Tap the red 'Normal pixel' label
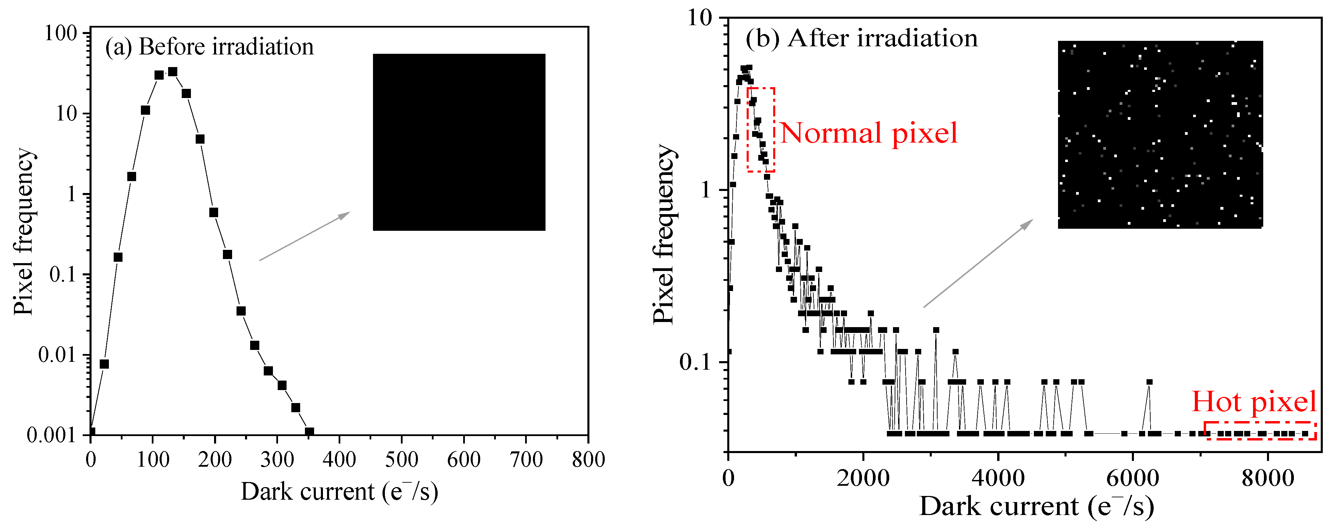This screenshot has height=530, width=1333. (x=868, y=133)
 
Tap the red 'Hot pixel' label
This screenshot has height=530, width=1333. (x=1254, y=402)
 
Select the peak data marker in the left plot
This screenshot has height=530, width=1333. (x=173, y=71)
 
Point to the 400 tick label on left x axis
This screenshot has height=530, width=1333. (x=339, y=459)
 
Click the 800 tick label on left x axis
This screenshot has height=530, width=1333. (x=588, y=459)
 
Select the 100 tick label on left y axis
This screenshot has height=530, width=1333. (x=61, y=34)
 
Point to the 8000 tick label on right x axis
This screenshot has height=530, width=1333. (x=1267, y=477)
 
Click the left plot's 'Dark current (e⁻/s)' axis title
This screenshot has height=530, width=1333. (x=339, y=492)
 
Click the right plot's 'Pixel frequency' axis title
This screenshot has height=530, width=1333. (x=663, y=234)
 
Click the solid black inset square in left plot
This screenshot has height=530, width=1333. (x=459, y=142)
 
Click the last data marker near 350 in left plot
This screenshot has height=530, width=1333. (x=309, y=431)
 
